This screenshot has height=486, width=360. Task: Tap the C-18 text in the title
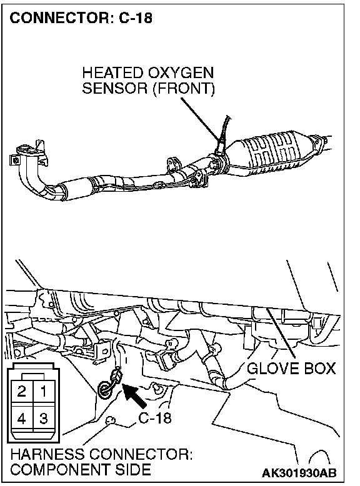136,18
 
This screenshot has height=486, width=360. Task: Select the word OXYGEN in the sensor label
181,73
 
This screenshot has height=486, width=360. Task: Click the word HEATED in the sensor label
112,73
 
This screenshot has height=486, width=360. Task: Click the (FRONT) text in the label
184,89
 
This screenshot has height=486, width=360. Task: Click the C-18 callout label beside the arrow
155,418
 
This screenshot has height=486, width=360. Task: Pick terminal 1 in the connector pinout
44,391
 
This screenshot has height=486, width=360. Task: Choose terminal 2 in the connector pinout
22,391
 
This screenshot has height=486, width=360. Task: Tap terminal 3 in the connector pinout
44,419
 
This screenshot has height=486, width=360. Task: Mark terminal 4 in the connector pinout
22,419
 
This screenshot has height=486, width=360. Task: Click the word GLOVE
272,369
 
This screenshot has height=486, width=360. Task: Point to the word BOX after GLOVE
320,369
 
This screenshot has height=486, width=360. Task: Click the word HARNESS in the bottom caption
47,454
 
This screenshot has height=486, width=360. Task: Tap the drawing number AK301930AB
299,474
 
